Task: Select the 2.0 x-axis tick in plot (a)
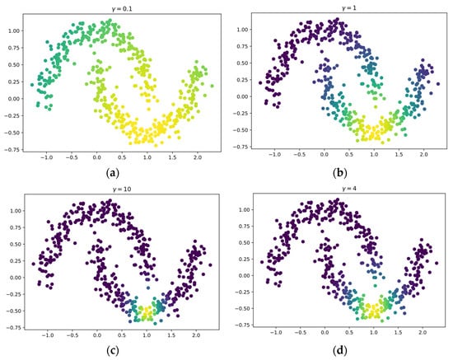tap(198, 157)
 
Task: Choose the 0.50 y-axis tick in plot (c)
tap(15, 244)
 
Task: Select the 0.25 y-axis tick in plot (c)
tap(15, 261)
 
